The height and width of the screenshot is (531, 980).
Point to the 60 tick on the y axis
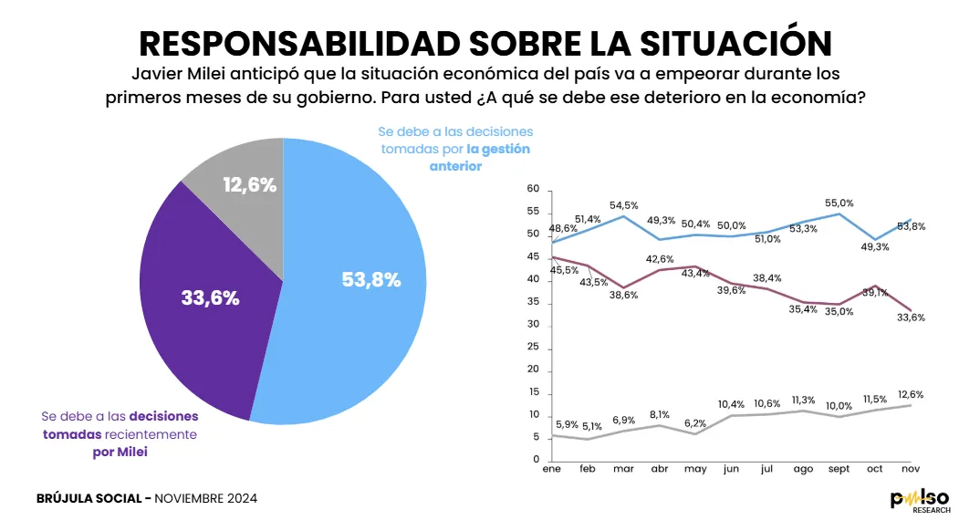click(534, 189)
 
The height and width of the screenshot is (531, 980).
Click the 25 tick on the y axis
click(534, 348)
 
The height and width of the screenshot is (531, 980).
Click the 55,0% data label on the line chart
click(839, 203)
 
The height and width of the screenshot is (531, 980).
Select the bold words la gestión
click(498, 149)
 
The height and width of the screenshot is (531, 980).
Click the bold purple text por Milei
click(120, 452)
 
